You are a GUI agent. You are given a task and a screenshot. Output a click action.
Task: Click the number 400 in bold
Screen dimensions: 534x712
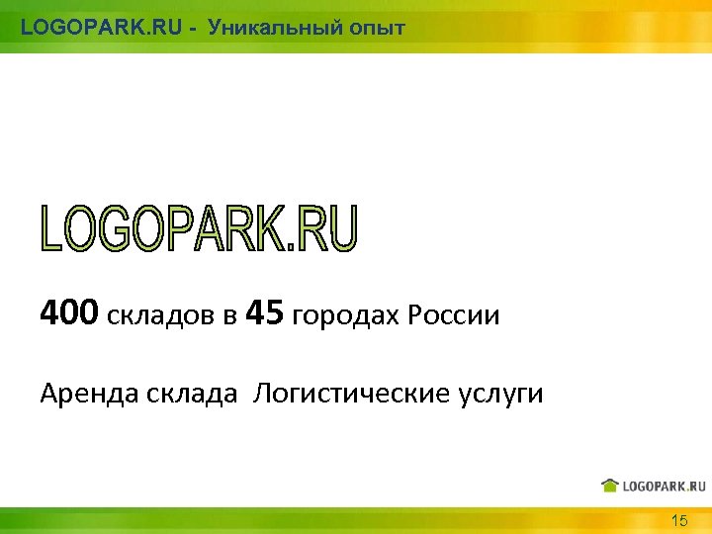point(69,314)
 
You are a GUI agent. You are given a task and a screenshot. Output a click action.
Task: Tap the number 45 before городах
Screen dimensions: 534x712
point(263,314)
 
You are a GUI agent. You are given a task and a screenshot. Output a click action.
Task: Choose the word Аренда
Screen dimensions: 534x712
point(88,395)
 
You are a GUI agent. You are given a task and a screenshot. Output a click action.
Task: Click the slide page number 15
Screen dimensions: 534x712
point(679,520)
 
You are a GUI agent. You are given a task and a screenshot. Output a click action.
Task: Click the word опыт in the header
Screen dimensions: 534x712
point(376,28)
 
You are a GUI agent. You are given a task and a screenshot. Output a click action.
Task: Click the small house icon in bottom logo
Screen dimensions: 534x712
point(610,485)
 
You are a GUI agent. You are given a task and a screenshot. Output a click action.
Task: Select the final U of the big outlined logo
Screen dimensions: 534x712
point(341,228)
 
